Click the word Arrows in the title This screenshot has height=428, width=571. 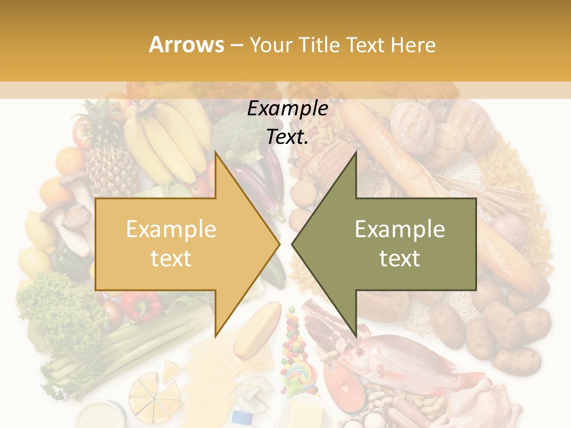click(187, 45)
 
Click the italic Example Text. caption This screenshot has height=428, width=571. click(287, 122)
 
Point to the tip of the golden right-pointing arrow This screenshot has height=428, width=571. click(279, 244)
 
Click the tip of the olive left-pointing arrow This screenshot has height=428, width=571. click(293, 244)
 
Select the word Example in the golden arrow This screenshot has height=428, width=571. click(171, 229)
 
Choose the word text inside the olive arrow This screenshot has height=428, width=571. click(400, 258)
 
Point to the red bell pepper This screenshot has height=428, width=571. click(142, 306)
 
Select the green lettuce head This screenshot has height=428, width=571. click(57, 303)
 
